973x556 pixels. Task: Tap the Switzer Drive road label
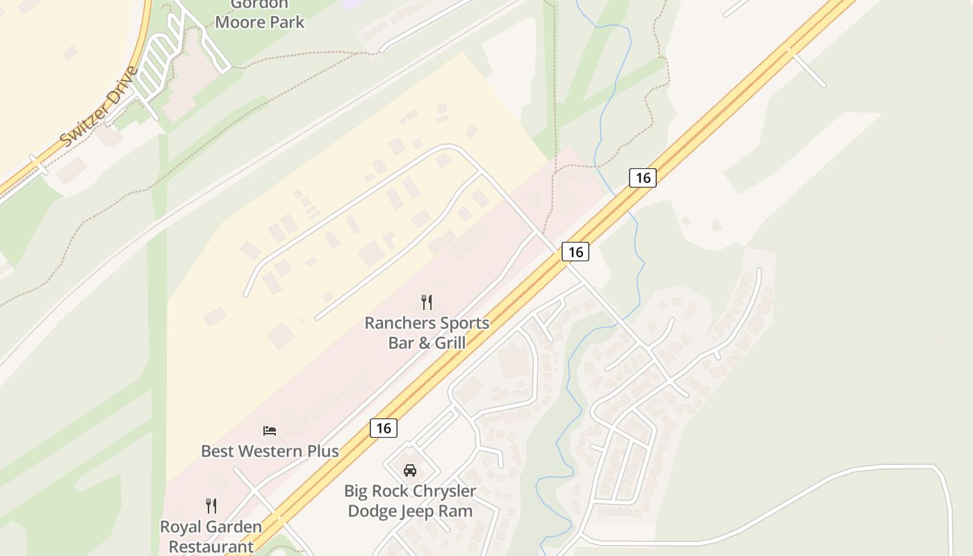[x=99, y=106]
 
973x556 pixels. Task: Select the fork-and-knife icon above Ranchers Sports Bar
[x=427, y=302]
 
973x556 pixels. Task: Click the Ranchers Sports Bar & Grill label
[x=427, y=333]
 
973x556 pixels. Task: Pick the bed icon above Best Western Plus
[x=270, y=431]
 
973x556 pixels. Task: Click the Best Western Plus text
[x=270, y=451]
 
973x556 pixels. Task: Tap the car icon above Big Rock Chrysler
[x=410, y=471]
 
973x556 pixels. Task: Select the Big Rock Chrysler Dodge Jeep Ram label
[x=410, y=500]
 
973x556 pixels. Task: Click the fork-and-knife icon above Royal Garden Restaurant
[x=211, y=506]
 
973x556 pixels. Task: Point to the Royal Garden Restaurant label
[x=211, y=537]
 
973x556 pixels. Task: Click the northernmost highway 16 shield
[x=643, y=178]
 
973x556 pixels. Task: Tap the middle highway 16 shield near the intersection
[x=575, y=252]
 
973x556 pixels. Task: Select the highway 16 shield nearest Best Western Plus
[x=384, y=428]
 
